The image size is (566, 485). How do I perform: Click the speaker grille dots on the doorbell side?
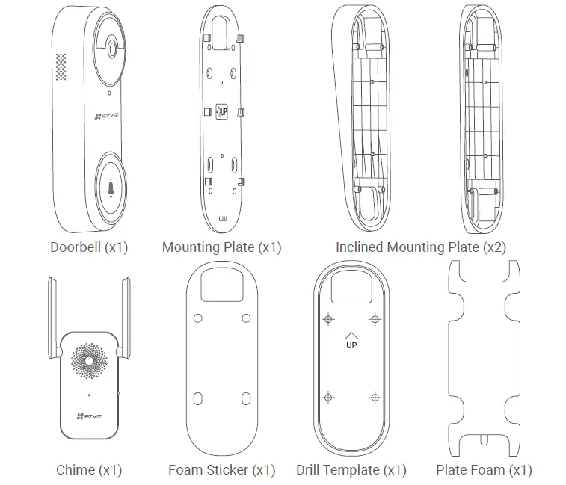tap(61, 67)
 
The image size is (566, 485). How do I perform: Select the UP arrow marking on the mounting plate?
tap(221, 112)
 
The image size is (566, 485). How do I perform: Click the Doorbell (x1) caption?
tap(89, 247)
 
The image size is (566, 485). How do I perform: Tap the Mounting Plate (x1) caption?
tap(221, 247)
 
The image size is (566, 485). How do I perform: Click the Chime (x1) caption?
tap(88, 470)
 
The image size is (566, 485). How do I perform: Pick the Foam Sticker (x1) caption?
tap(221, 470)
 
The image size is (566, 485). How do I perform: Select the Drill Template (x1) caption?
tap(351, 470)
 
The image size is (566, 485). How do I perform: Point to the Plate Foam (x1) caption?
tap(483, 470)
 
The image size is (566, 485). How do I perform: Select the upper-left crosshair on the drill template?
tap(327, 319)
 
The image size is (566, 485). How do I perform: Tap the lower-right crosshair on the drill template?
tap(374, 397)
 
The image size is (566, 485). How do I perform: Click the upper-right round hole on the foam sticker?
tap(247, 318)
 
